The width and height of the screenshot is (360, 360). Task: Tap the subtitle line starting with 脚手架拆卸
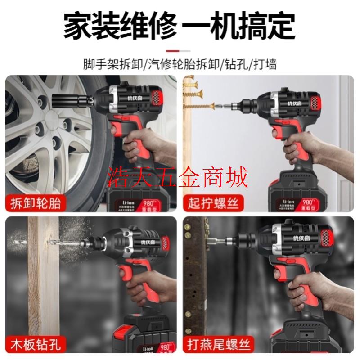[x=180, y=64]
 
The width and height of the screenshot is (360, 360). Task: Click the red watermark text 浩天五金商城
[x=180, y=177]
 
